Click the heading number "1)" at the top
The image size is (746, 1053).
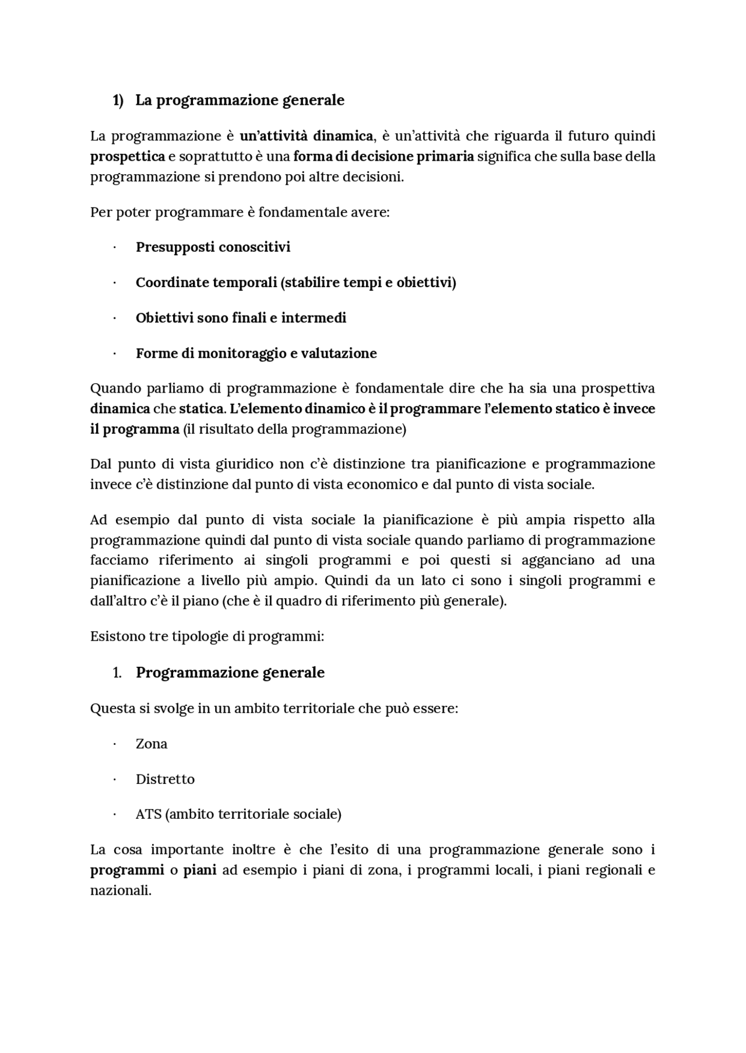coord(118,100)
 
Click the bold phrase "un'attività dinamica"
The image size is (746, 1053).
coord(306,136)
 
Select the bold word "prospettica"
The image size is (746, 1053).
coord(127,157)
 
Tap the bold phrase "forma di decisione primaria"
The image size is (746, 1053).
coord(383,157)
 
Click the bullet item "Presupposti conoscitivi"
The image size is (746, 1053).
coord(213,247)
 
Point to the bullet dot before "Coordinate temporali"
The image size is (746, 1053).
coord(115,283)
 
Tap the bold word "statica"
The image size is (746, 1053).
coord(202,409)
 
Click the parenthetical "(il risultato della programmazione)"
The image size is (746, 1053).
coord(294,429)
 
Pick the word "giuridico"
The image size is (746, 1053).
coord(244,464)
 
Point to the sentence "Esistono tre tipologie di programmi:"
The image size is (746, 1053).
coord(207,636)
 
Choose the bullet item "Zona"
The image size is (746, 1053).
coord(152,744)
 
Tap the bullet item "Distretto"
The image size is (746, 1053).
coord(165,779)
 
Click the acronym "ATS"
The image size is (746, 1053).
coord(148,814)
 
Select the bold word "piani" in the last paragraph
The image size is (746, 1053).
coord(200,870)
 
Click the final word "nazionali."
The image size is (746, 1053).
coord(121,891)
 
